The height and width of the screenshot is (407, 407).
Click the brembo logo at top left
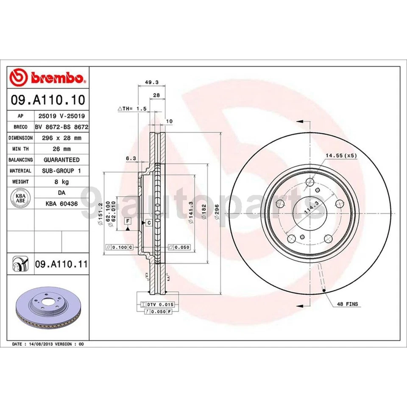click(47, 78)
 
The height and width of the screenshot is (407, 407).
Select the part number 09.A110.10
click(47, 100)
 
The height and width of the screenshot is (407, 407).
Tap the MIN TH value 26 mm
click(61, 149)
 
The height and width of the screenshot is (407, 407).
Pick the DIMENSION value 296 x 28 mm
click(61, 138)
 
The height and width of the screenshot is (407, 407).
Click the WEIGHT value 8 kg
click(61, 182)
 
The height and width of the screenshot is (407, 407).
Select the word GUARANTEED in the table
click(61, 160)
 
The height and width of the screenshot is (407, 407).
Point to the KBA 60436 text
click(61, 204)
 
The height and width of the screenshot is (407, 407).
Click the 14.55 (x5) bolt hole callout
click(341, 156)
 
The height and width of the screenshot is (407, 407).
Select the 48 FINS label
click(348, 304)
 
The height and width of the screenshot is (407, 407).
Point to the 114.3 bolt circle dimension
click(309, 209)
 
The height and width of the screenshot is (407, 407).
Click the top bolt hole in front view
click(310, 183)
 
